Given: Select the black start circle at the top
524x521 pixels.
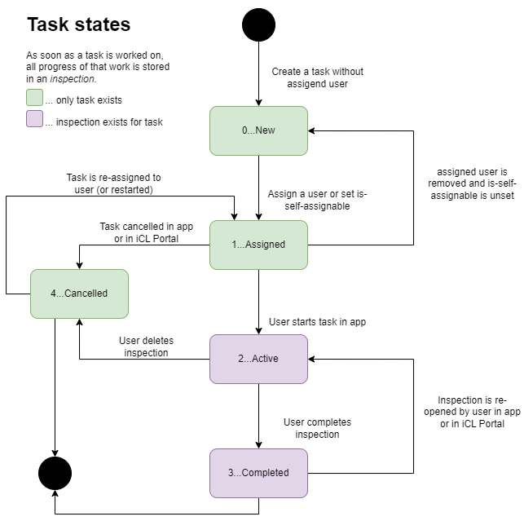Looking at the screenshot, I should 258,24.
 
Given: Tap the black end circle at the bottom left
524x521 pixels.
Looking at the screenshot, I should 55,473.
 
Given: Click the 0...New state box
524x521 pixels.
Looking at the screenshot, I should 258,130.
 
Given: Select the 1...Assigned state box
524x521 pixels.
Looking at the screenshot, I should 258,245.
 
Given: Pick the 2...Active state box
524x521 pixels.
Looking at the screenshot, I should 258,359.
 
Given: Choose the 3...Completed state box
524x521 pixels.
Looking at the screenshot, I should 258,473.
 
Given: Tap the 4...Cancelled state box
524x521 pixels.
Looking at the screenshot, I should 79,294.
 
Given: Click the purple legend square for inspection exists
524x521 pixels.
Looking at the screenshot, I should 34,122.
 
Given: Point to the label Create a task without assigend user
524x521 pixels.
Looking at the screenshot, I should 317,77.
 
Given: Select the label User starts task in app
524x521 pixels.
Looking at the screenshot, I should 317,322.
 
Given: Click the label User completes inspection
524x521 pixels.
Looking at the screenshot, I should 317,428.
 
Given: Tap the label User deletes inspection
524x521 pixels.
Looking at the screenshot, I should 146,347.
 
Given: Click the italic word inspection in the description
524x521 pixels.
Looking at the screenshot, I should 73,79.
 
